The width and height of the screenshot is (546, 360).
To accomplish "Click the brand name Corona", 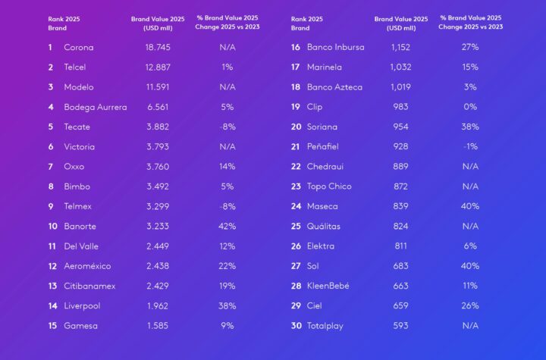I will click(79, 47).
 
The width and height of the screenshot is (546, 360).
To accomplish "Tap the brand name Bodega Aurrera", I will click(95, 107).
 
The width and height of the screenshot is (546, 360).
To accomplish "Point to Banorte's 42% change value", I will click(226, 226).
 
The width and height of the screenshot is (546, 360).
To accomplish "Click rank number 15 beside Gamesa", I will click(52, 326).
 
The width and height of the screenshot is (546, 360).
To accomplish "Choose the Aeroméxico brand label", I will click(92, 266).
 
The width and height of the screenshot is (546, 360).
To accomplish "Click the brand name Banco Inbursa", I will click(335, 47).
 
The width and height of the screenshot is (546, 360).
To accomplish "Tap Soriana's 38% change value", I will click(469, 127).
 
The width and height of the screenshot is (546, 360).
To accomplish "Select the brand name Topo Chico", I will click(329, 186).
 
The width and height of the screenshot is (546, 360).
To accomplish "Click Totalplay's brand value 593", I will click(400, 326).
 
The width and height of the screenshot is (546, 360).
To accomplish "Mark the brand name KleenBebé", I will click(328, 286).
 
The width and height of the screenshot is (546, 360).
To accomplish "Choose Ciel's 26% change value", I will click(469, 306).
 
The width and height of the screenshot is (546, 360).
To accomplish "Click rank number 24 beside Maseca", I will click(296, 206).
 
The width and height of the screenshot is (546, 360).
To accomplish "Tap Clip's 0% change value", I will click(469, 107).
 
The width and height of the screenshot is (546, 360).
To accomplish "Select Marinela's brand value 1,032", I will click(400, 67).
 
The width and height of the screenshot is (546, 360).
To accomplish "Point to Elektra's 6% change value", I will click(469, 246).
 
